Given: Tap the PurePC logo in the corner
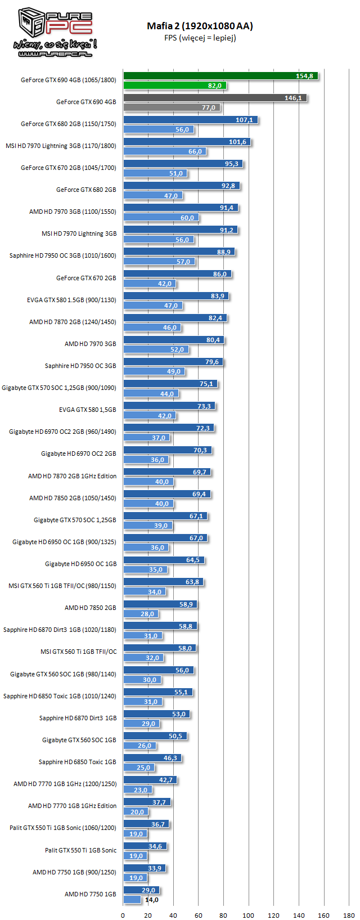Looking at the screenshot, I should tap(55, 33).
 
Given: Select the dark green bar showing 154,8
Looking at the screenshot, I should tap(220, 76).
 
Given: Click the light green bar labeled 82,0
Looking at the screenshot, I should tap(174, 86).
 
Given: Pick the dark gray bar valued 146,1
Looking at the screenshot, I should tap(215, 98).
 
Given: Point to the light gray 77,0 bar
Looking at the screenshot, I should tap(172, 107).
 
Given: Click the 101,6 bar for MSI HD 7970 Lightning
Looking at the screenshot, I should tap(187, 142).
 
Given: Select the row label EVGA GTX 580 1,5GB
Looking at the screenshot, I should tap(87, 410).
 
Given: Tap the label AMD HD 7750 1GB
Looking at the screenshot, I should tap(90, 894).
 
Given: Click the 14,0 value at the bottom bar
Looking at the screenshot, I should tap(152, 900).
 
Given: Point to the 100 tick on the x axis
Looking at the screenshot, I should tap(248, 915).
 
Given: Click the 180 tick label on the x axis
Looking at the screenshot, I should tap(349, 915).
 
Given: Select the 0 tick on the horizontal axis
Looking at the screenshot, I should tap(123, 915).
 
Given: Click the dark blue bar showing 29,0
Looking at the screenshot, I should tap(141, 890).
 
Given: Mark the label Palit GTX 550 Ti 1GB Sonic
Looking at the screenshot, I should tap(80, 850).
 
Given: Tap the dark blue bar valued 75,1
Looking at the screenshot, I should tap(170, 384).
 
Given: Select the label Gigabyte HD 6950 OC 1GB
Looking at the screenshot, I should tap(80, 564).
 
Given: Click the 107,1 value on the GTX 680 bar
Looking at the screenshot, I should tap(244, 120).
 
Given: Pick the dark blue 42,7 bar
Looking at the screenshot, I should tap(150, 780).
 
